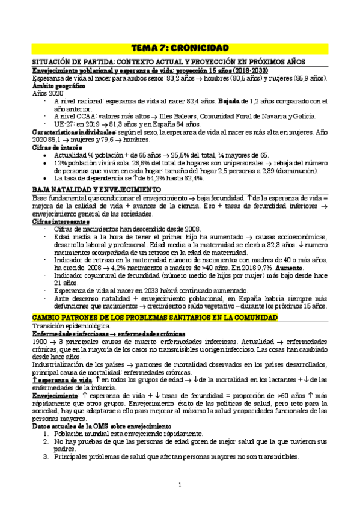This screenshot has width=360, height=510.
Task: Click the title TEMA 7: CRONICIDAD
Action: click(x=180, y=48)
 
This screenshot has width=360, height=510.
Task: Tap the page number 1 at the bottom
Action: click(x=180, y=485)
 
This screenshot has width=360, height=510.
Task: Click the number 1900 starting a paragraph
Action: click(x=41, y=341)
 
